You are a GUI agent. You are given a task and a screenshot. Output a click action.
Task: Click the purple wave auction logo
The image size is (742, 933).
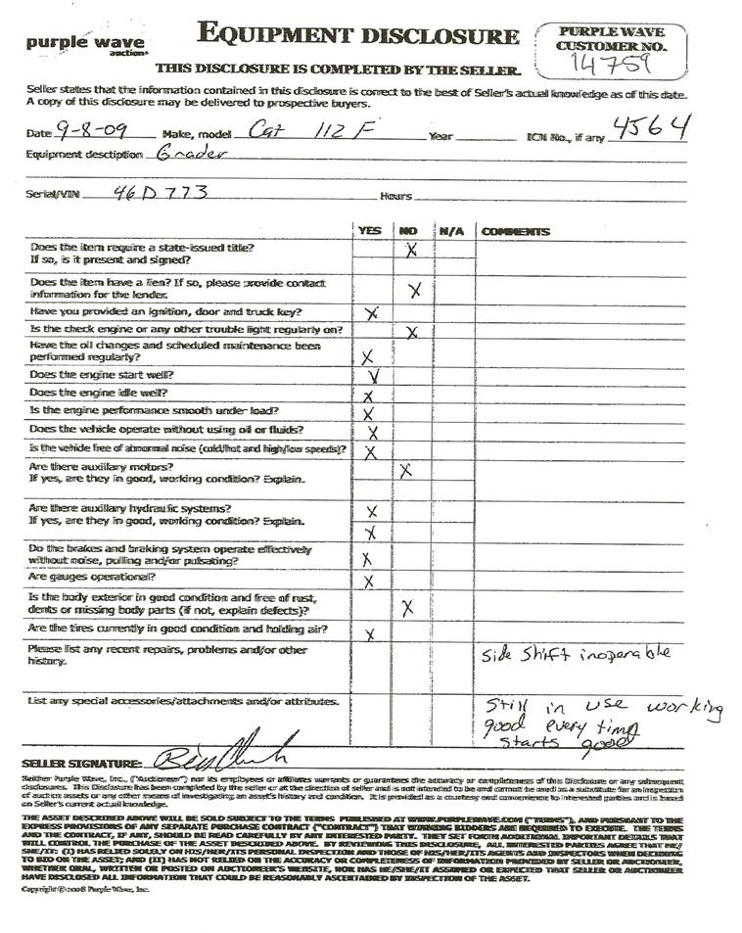point(85,44)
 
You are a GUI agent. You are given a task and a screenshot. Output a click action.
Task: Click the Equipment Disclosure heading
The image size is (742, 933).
point(357,35)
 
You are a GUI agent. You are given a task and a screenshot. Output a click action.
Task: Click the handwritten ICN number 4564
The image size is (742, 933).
point(651,126)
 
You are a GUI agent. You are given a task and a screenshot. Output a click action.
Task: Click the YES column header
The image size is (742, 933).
point(370,232)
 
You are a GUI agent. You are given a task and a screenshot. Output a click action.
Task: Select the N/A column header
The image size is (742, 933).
point(450,232)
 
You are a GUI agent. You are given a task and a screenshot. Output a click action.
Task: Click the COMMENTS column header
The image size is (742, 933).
point(515,232)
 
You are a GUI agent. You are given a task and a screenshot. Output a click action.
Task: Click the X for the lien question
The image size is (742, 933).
point(414,290)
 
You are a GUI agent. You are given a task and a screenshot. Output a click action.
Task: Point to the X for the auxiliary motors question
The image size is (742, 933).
point(406,471)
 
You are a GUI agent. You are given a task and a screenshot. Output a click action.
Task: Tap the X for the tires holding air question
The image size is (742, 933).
point(370,634)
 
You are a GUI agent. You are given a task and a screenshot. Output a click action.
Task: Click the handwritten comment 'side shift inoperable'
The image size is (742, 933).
point(577,654)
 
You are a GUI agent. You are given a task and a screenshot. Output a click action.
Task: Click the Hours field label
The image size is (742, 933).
point(395,197)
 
